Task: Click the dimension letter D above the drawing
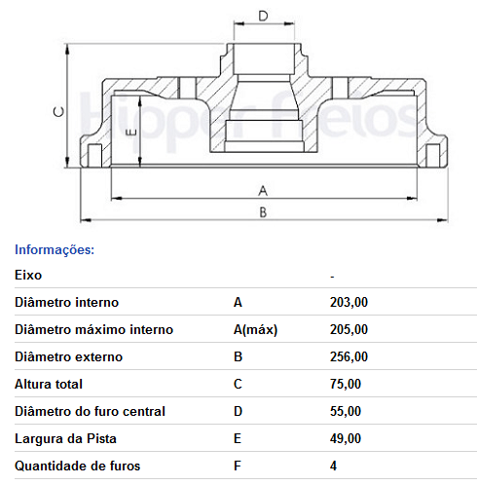coord(263,16)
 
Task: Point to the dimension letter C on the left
coord(58,112)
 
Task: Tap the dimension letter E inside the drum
coord(130,132)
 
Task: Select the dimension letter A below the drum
coord(263,191)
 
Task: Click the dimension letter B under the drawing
coord(263,212)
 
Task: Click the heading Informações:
coord(55,250)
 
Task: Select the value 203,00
coord(349,303)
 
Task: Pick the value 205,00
coord(349,330)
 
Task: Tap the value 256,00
coord(349,357)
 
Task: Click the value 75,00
coord(346,385)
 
